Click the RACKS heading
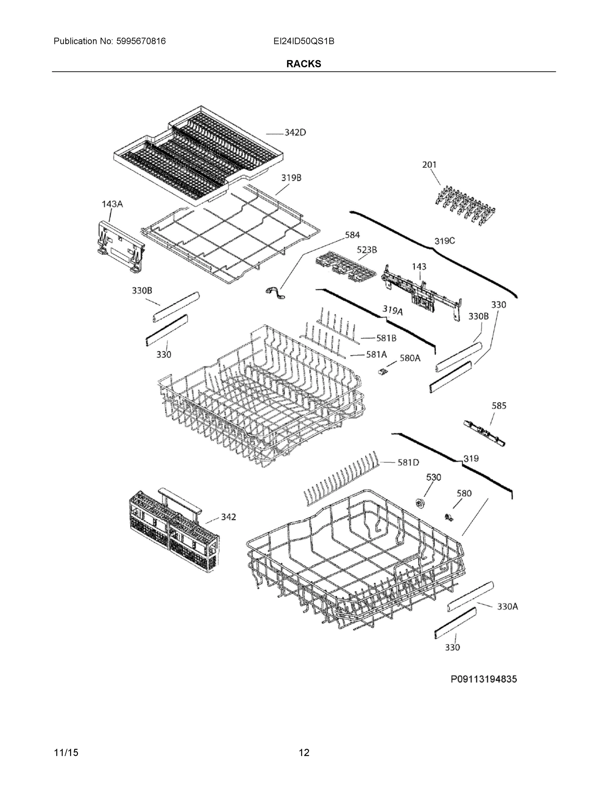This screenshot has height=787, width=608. [304, 64]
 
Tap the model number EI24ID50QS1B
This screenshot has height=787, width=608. [304, 41]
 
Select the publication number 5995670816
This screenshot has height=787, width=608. [141, 41]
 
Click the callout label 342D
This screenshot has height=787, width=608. [295, 132]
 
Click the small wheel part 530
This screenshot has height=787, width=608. [420, 503]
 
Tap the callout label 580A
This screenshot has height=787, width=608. [410, 358]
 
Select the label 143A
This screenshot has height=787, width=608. [112, 204]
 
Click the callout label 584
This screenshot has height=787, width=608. [352, 235]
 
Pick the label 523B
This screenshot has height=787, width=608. [367, 250]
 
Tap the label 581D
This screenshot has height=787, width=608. [408, 462]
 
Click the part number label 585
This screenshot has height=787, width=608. [499, 406]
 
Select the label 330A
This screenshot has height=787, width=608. [507, 606]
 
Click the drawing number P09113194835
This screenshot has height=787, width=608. [483, 679]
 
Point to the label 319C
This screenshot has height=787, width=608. [444, 241]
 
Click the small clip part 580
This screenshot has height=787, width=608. [449, 518]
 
